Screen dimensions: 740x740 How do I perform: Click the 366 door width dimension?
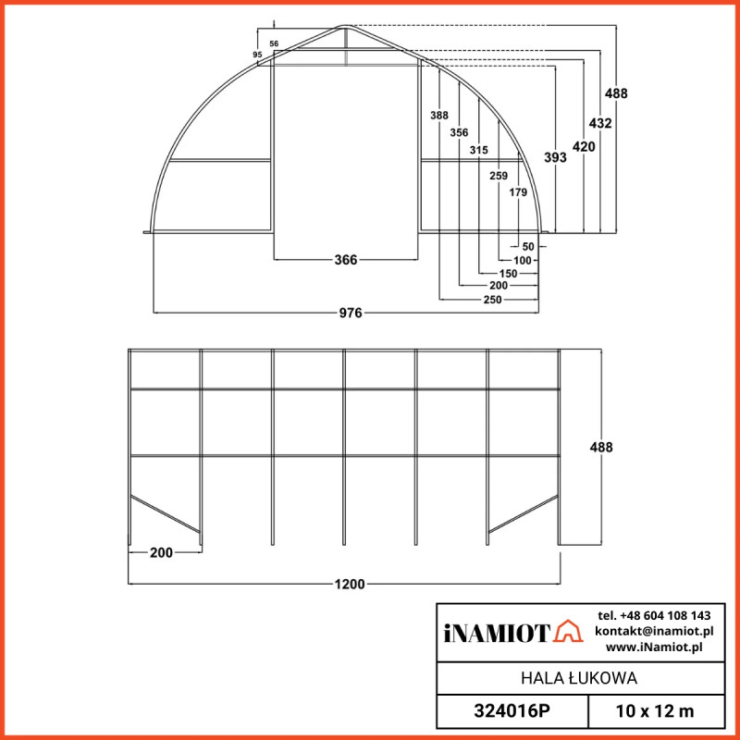[345, 260]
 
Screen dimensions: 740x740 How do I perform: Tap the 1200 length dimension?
[351, 584]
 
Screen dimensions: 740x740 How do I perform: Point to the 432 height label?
[600, 122]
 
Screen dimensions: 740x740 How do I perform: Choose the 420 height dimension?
[584, 146]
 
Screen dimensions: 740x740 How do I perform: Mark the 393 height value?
[555, 158]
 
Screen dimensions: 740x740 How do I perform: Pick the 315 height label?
[478, 150]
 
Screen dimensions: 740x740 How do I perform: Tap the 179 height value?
[518, 192]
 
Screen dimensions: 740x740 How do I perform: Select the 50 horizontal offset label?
[528, 247]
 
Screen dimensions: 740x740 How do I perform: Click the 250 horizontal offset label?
[491, 301]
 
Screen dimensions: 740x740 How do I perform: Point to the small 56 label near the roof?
[274, 43]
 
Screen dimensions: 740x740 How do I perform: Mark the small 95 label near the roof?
[257, 55]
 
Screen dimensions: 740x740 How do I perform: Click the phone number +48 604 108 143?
[654, 615]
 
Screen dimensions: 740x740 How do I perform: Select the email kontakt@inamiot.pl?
[653, 631]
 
